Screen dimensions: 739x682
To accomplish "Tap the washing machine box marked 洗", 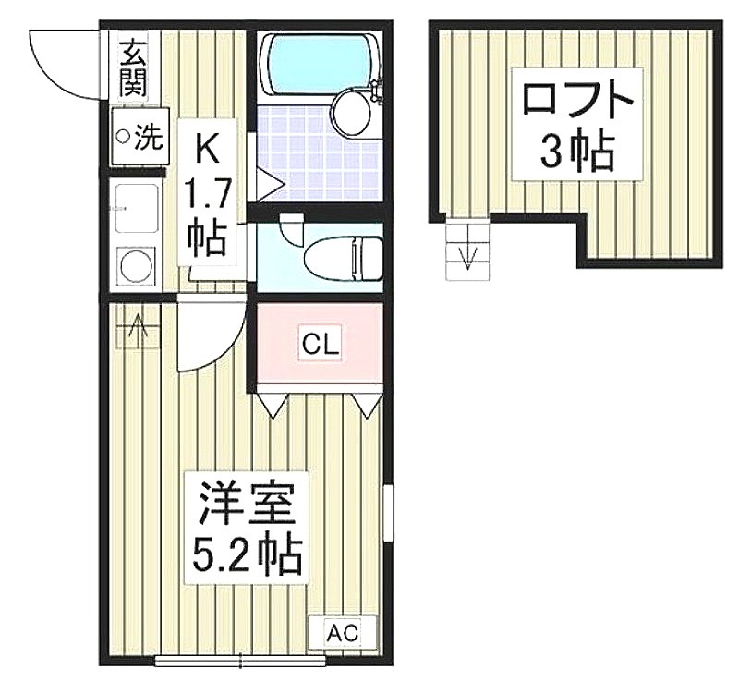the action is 139,136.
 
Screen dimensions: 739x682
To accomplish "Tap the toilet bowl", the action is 343,260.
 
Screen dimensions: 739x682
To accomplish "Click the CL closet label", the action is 321,345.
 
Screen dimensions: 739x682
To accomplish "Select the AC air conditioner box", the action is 343,632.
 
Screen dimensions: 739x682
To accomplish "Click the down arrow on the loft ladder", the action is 467,258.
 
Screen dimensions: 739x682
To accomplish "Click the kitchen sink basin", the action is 136,209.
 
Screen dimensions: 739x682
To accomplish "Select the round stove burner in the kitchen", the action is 137,266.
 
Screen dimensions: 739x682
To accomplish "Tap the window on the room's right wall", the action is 388,513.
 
